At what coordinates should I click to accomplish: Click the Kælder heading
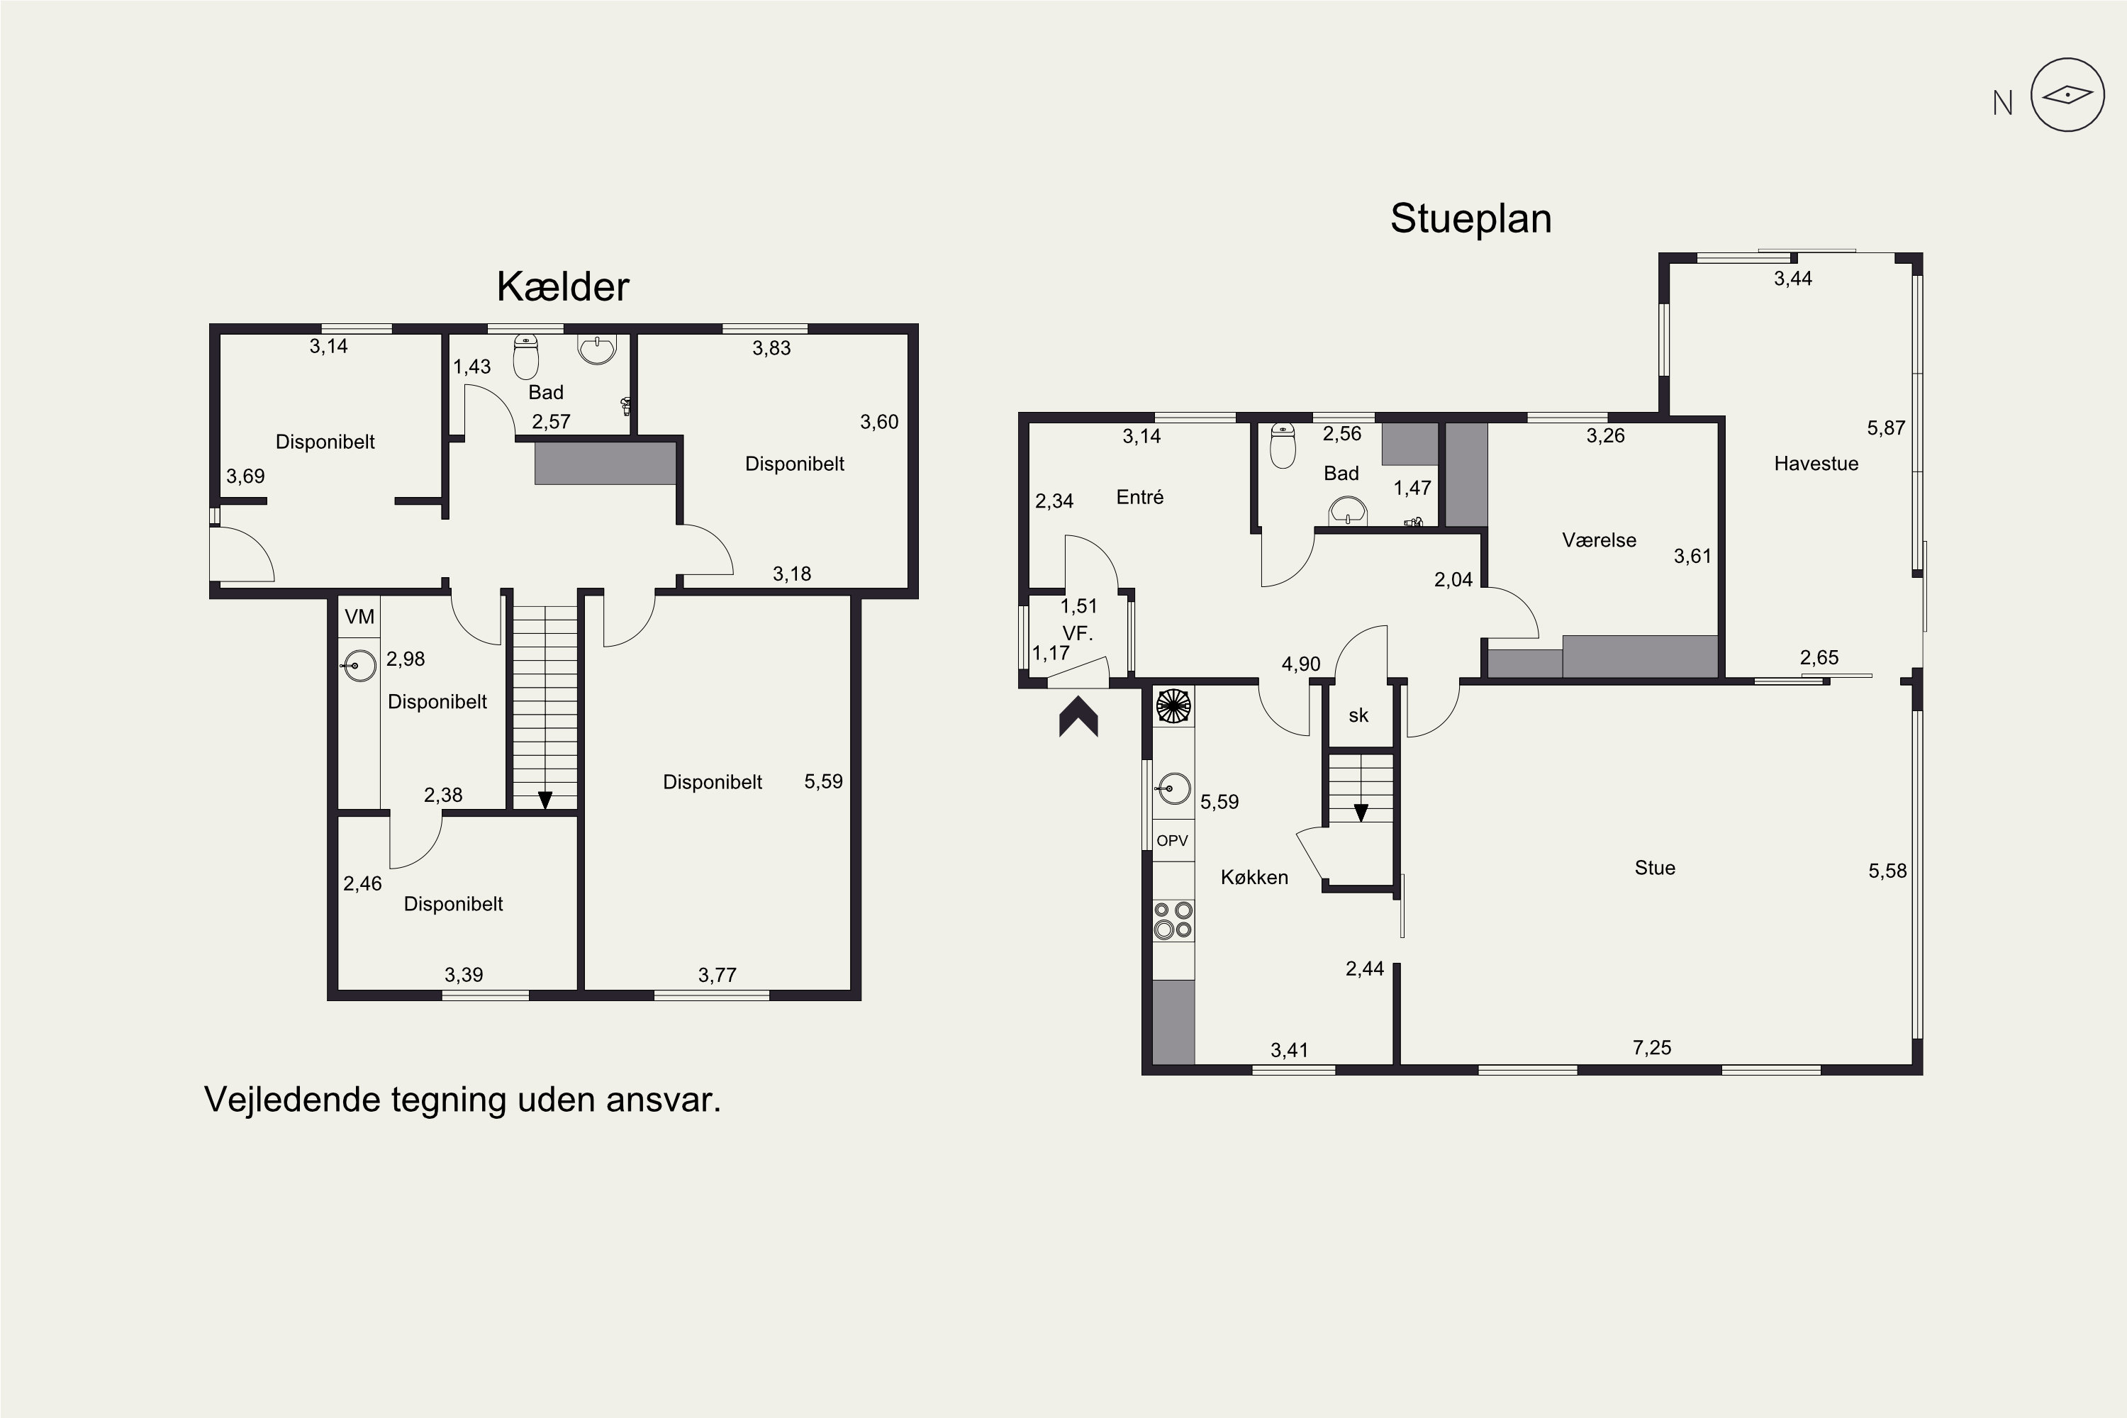562,286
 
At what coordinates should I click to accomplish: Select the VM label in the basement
360,617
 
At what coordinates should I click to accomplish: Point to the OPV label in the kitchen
1172,841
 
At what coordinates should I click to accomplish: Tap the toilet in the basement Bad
525,357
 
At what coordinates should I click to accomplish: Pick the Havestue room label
1816,464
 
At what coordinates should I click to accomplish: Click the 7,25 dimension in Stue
1652,1048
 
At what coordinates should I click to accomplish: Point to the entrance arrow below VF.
1079,716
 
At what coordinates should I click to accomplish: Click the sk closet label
1358,716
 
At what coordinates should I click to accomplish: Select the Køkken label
1254,877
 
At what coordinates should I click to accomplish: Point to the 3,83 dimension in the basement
771,348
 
